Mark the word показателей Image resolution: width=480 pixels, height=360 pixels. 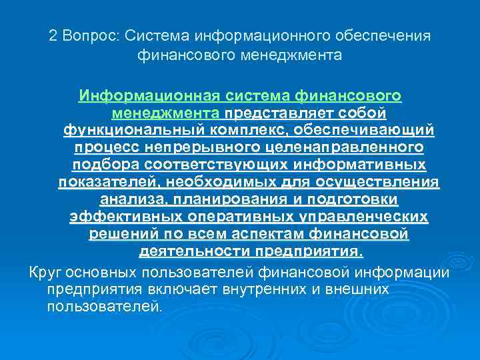coord(110,182)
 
